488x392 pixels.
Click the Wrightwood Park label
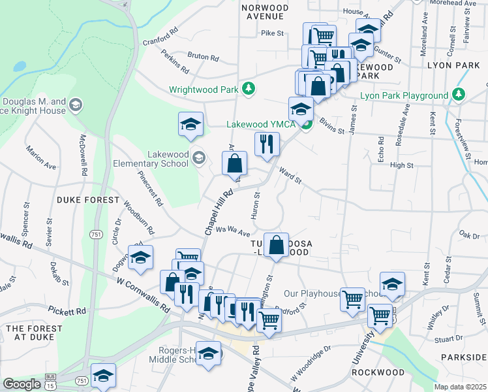point(204,90)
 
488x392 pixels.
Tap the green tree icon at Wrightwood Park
point(248,88)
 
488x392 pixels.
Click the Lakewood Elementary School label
point(150,158)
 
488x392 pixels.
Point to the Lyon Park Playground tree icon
point(459,95)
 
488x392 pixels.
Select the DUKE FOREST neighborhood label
point(88,199)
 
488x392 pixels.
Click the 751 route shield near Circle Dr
point(96,234)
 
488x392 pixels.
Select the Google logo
point(22,384)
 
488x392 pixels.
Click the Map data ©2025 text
point(460,387)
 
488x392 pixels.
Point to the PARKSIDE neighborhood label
point(463,357)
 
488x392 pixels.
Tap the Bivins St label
point(331,127)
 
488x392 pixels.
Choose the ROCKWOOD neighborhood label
point(374,372)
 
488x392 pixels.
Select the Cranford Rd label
point(160,37)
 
